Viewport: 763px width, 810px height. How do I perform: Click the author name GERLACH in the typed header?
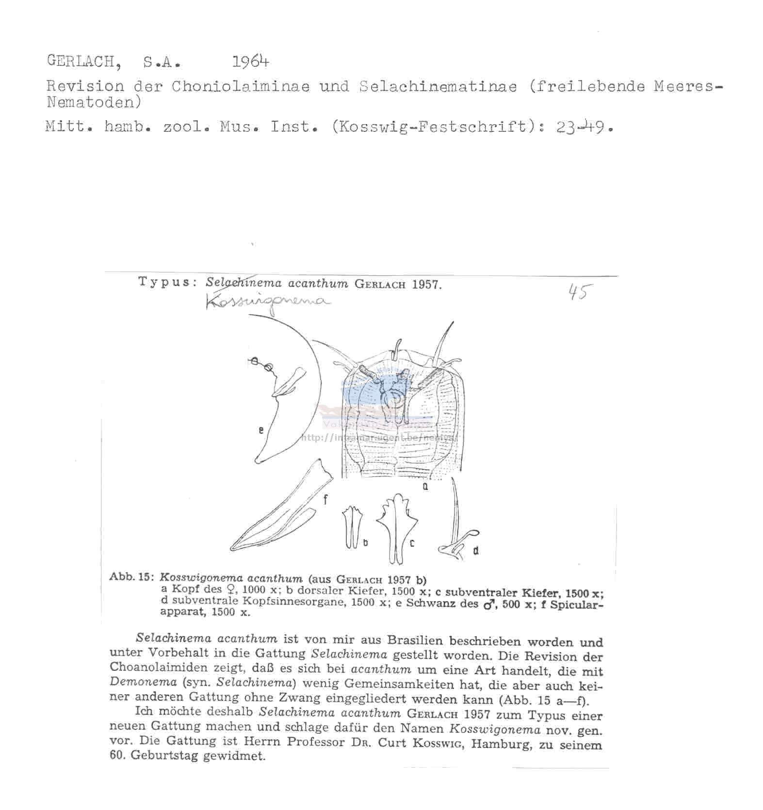(81, 61)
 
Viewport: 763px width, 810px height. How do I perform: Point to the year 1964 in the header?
(250, 62)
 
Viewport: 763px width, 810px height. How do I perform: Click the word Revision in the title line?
(85, 86)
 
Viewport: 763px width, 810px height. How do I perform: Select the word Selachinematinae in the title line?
(438, 86)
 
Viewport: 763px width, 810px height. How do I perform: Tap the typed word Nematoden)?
(94, 103)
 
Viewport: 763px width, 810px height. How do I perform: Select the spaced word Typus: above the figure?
(165, 282)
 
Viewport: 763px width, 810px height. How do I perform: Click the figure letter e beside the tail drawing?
(261, 429)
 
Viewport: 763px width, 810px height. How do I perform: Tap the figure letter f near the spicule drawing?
(325, 499)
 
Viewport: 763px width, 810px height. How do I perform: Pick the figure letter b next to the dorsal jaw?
(365, 543)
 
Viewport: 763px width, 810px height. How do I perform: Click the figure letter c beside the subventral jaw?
(412, 543)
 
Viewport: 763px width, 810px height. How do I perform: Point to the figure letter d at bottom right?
(476, 550)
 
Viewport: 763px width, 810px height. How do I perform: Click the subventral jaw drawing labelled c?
(397, 528)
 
